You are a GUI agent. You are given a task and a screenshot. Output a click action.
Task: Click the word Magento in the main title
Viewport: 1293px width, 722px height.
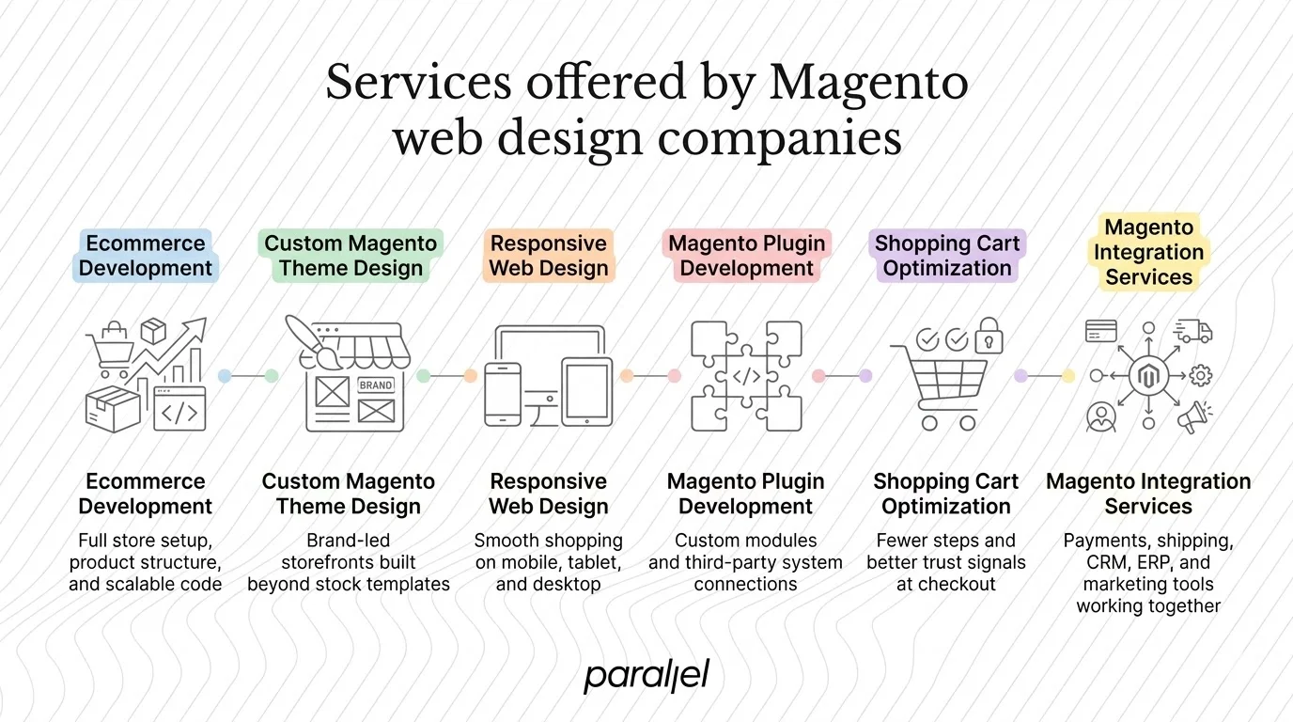coord(868,83)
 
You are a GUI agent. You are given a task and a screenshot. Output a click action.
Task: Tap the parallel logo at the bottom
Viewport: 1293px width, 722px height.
coord(646,675)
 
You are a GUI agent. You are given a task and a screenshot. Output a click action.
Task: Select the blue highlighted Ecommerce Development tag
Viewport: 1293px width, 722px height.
coord(146,256)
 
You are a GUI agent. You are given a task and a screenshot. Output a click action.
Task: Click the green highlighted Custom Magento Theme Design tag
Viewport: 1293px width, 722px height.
coord(351,256)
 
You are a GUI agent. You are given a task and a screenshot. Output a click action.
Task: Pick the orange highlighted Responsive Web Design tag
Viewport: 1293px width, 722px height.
coord(549,256)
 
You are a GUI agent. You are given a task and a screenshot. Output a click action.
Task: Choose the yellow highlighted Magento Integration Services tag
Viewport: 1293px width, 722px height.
coord(1148,252)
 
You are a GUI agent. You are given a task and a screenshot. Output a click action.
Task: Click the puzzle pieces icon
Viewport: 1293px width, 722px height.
coord(746,376)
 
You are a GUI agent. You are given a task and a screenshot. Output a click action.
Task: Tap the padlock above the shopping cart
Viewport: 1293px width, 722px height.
coord(989,336)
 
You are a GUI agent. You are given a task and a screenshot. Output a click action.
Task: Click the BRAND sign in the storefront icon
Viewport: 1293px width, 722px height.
coord(376,385)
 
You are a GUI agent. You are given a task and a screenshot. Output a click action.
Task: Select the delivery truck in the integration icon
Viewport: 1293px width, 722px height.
coord(1193,332)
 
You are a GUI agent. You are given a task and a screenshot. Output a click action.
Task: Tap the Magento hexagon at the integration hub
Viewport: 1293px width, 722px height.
coord(1147,376)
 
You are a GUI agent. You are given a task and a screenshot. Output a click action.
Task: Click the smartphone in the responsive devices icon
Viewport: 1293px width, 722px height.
coord(503,395)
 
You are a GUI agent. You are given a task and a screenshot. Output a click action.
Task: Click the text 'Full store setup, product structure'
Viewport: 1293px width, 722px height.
coord(146,552)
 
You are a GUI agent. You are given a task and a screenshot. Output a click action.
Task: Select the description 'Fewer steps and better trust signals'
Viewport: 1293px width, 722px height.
coord(946,552)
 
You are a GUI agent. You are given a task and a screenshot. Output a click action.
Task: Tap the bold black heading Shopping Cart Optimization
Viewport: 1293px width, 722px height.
coord(946,494)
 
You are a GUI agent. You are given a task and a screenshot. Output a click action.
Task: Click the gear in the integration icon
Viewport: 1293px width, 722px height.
coord(1200,376)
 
